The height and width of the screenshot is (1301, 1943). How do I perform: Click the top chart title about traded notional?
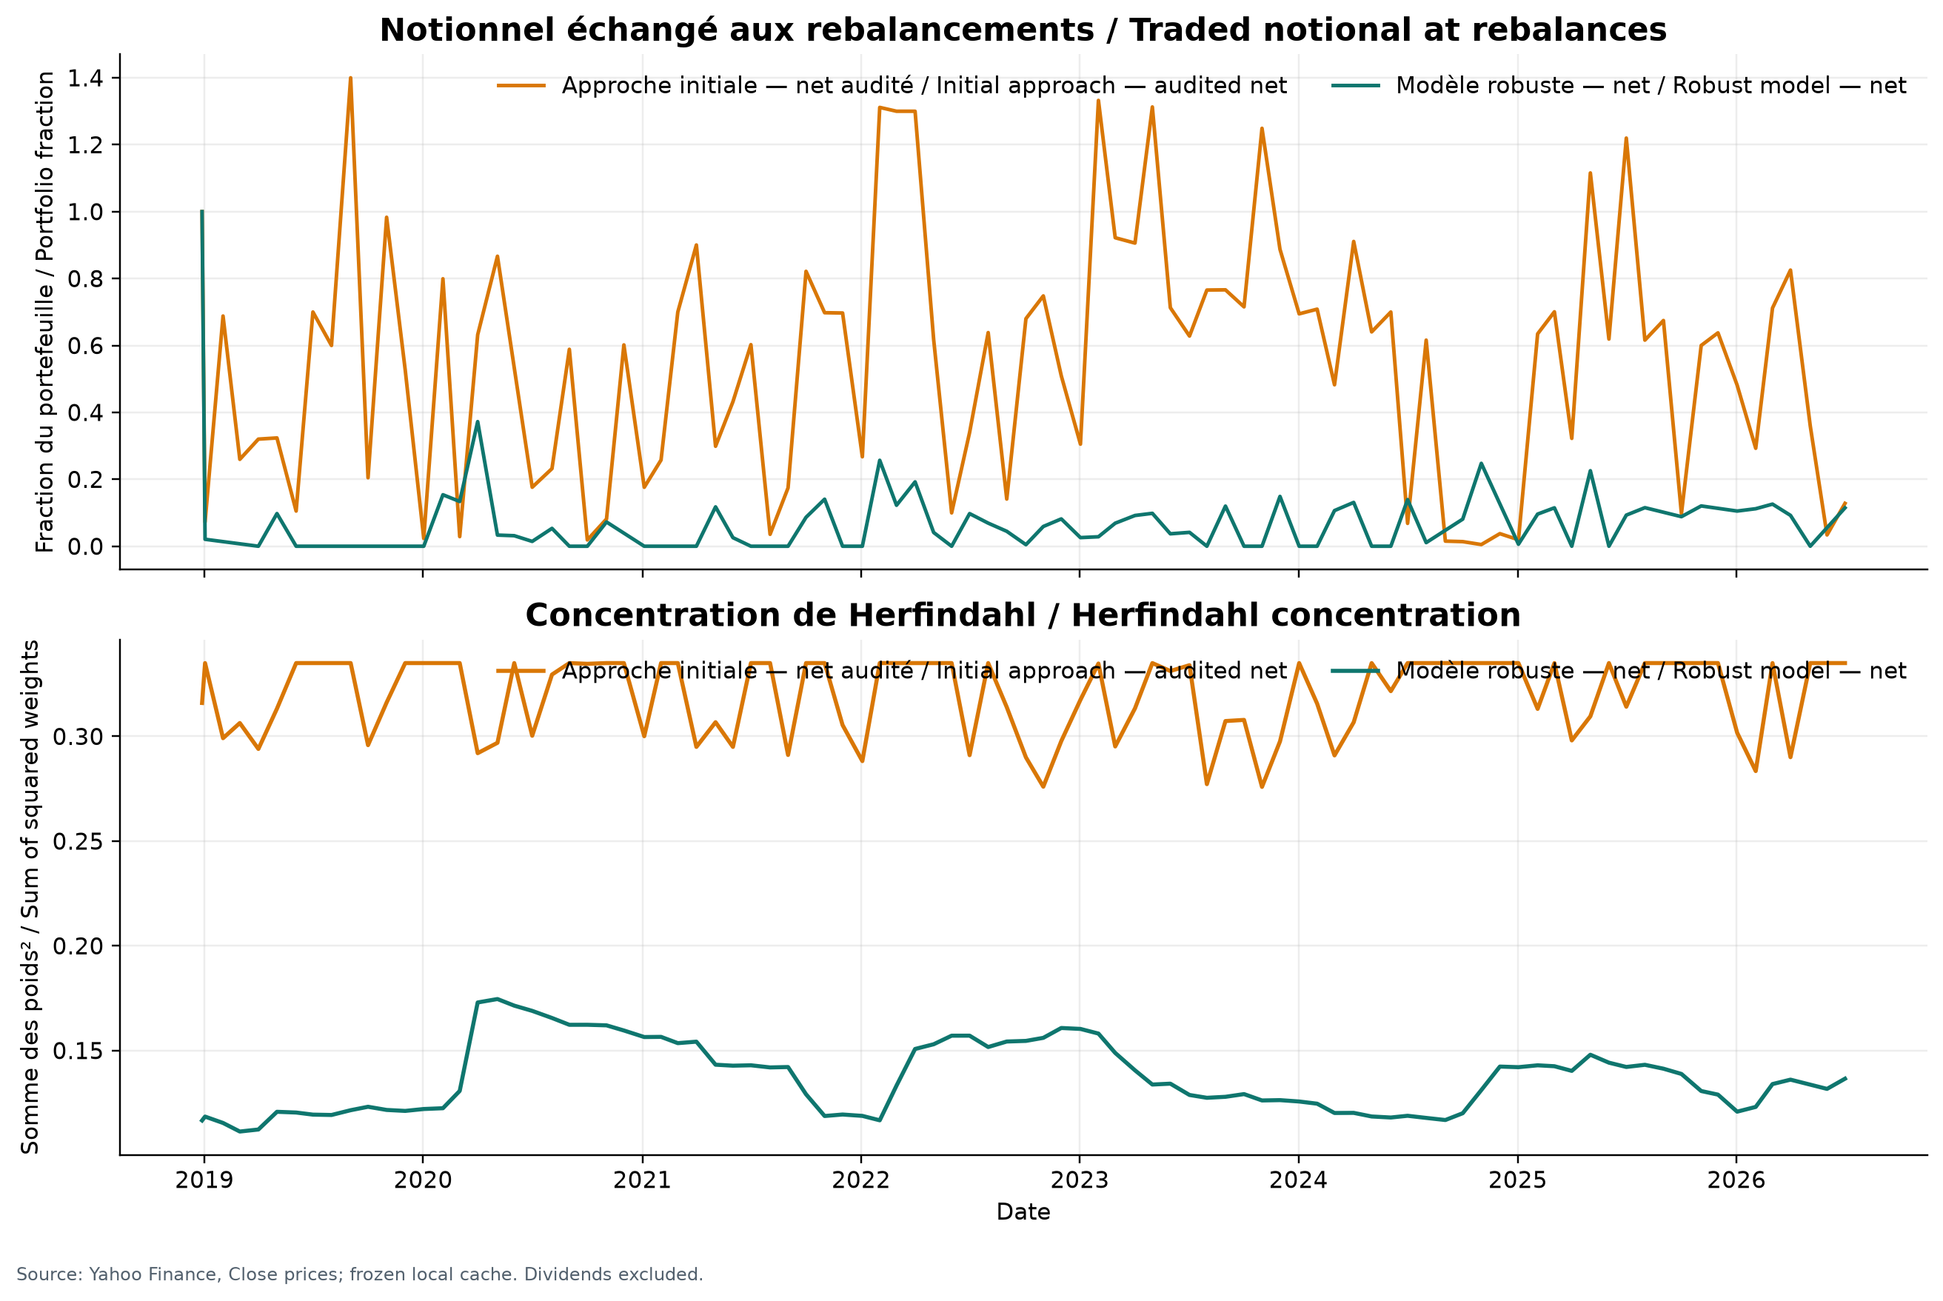(x=1022, y=30)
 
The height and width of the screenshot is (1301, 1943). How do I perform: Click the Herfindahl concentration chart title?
(x=1022, y=615)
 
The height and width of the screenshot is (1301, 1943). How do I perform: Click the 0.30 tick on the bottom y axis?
(x=76, y=737)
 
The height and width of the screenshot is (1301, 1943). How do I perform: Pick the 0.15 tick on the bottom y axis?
(x=76, y=1051)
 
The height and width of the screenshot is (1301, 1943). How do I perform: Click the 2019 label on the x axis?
(x=204, y=1180)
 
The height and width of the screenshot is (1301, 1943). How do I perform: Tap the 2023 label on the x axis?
(x=1080, y=1180)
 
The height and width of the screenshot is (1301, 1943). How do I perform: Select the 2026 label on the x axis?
(x=1736, y=1180)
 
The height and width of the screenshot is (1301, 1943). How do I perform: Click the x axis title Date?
(x=1023, y=1212)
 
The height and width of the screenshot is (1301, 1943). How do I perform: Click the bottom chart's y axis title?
(x=30, y=897)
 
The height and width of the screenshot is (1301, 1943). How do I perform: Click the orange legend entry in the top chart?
(x=892, y=87)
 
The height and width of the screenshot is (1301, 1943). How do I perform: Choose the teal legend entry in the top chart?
(x=1619, y=87)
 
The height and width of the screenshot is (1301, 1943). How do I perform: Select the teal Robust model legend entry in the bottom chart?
(x=1619, y=672)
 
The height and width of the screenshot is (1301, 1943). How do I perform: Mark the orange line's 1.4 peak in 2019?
(x=350, y=78)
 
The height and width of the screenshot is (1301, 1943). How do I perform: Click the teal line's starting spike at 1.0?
(x=201, y=212)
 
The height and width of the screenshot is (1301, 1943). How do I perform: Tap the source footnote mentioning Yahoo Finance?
(x=359, y=1274)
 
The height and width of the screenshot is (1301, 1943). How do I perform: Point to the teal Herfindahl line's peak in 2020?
(x=496, y=999)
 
